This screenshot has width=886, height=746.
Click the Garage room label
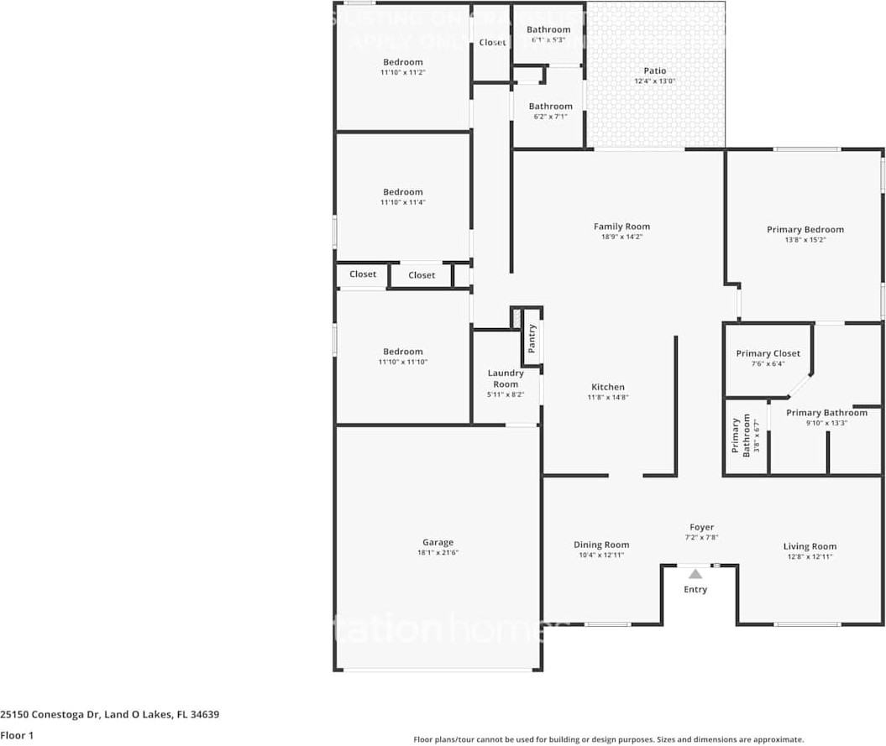click(x=438, y=543)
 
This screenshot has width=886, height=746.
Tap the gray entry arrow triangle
click(x=695, y=575)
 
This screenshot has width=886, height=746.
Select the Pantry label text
click(x=532, y=338)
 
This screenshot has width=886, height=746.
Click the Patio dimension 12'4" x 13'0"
click(x=654, y=81)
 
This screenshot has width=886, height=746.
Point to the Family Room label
click(x=621, y=227)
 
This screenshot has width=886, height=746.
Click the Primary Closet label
click(x=768, y=353)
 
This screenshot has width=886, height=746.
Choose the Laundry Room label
click(x=506, y=378)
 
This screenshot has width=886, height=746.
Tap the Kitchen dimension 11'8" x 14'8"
click(x=607, y=398)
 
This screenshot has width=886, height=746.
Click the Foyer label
click(x=701, y=527)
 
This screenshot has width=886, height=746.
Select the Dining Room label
click(x=600, y=545)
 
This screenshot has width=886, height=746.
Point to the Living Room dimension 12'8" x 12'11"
click(x=810, y=556)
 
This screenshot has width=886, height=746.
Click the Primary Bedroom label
click(x=805, y=229)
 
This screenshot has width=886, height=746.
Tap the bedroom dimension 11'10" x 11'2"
click(x=402, y=73)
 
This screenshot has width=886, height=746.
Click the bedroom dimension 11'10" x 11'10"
click(x=402, y=363)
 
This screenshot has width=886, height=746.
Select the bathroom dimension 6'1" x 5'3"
click(x=548, y=39)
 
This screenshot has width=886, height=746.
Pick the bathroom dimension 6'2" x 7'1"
click(x=550, y=117)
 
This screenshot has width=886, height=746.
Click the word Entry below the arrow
click(x=695, y=589)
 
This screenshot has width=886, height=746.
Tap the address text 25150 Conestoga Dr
click(x=50, y=715)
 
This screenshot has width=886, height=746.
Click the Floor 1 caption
click(x=17, y=735)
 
